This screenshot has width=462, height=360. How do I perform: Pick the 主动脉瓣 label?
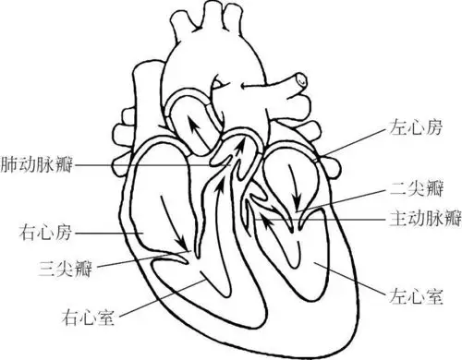pos(420,221)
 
